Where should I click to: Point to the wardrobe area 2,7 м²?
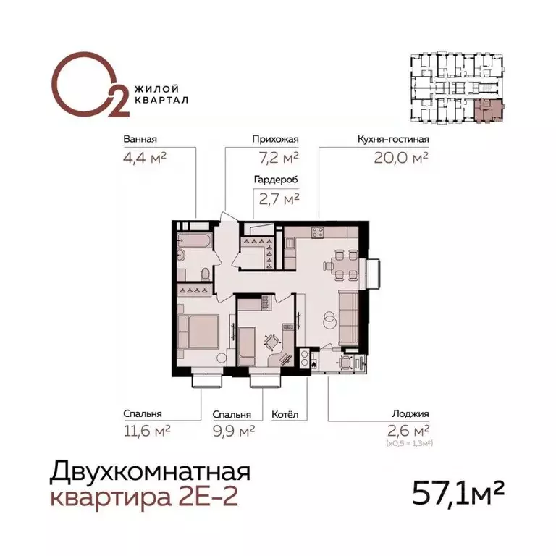coord(276,197)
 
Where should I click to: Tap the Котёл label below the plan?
coord(285,416)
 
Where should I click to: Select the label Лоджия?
coord(413,416)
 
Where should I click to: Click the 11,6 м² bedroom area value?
coord(146,431)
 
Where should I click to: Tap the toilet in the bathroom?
coord(206,274)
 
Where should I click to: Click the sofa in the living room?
coord(349,318)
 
